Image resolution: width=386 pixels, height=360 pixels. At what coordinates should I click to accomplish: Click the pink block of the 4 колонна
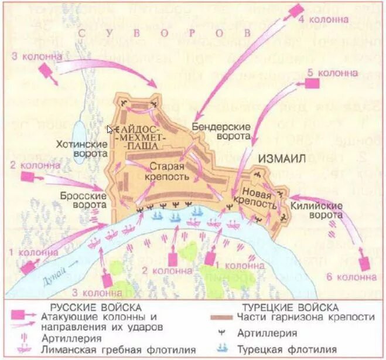299,10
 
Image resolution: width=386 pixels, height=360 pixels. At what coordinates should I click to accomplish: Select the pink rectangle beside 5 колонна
312,84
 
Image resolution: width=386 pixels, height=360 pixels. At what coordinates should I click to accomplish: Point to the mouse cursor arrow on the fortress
110,129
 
